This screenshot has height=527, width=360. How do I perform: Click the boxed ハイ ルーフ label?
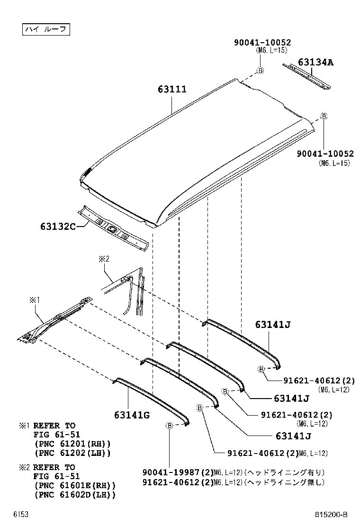point(46,29)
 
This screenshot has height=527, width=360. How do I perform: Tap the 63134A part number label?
point(315,62)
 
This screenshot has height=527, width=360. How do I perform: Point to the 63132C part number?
point(58,227)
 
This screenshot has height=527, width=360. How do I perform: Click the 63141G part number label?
point(132,415)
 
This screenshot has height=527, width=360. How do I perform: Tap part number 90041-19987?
point(173,472)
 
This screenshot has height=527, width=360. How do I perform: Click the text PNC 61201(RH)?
point(72,444)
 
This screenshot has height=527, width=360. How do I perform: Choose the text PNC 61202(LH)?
point(72,453)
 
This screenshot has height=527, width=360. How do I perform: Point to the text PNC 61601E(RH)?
point(75,486)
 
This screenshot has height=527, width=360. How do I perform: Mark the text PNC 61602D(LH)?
point(75,495)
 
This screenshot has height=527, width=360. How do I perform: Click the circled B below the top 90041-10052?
point(260,71)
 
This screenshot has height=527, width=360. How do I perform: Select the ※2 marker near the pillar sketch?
point(104,259)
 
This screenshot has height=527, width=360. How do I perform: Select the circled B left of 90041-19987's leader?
point(169,426)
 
